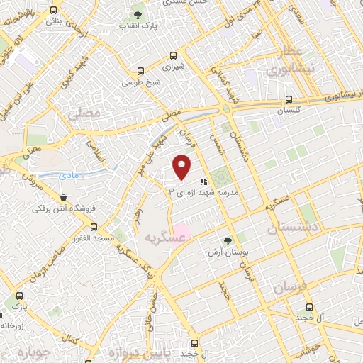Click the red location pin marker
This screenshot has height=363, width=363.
(183, 167)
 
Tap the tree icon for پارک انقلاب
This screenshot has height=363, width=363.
(137, 14)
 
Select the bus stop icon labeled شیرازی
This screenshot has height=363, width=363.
(173, 55)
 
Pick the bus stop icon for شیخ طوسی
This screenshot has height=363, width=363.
(140, 71)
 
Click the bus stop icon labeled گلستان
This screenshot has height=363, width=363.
(288, 100)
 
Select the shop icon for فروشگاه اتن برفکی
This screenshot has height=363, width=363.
(64, 197)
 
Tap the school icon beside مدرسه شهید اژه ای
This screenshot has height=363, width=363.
(203, 181)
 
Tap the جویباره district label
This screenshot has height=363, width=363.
(32, 352)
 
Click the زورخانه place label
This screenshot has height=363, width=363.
(13, 325)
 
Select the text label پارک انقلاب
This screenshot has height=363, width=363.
(159, 26)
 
